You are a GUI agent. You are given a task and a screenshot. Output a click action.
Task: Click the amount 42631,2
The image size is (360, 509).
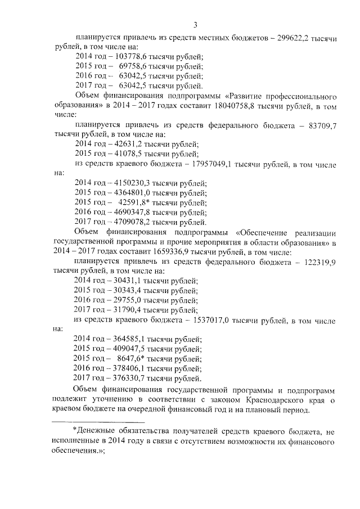121,144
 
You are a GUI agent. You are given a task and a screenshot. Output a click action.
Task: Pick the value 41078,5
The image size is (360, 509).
121,154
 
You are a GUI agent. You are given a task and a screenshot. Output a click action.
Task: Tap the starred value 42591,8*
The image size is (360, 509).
134,202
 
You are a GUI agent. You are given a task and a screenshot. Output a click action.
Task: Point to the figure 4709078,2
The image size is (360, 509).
126,222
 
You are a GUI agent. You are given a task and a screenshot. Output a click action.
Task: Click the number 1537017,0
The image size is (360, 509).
213,321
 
